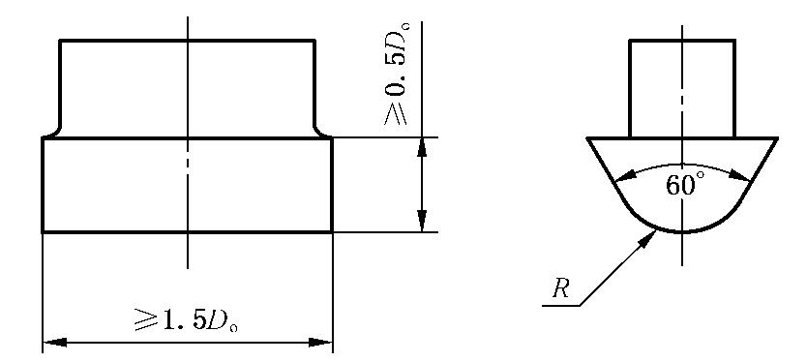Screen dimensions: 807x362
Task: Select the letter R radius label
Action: coord(560,288)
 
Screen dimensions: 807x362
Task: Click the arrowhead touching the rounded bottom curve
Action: coord(648,239)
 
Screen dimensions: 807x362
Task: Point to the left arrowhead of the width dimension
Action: coord(54,343)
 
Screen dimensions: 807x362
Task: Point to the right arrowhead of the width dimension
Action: coord(320,343)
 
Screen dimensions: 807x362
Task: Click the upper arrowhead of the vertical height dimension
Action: coord(422,148)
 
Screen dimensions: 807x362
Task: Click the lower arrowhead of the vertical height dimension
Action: coord(422,222)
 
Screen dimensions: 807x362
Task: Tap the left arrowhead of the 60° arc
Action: coord(624,177)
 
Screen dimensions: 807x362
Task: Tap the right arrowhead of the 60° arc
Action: coord(741,175)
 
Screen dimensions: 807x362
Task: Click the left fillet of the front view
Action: coord(54,132)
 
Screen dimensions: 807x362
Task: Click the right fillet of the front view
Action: coord(320,132)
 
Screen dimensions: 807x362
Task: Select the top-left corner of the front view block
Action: coord(60,40)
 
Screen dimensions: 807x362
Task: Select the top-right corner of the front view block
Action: coord(314,40)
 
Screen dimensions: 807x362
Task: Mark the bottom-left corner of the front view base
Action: coord(43,232)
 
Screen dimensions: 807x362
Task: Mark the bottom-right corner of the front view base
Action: coord(333,232)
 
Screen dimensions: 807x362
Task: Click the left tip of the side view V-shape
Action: coord(587,138)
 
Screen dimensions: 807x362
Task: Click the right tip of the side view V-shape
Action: coord(778,138)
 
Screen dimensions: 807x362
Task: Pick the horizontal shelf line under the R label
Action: coord(561,306)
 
